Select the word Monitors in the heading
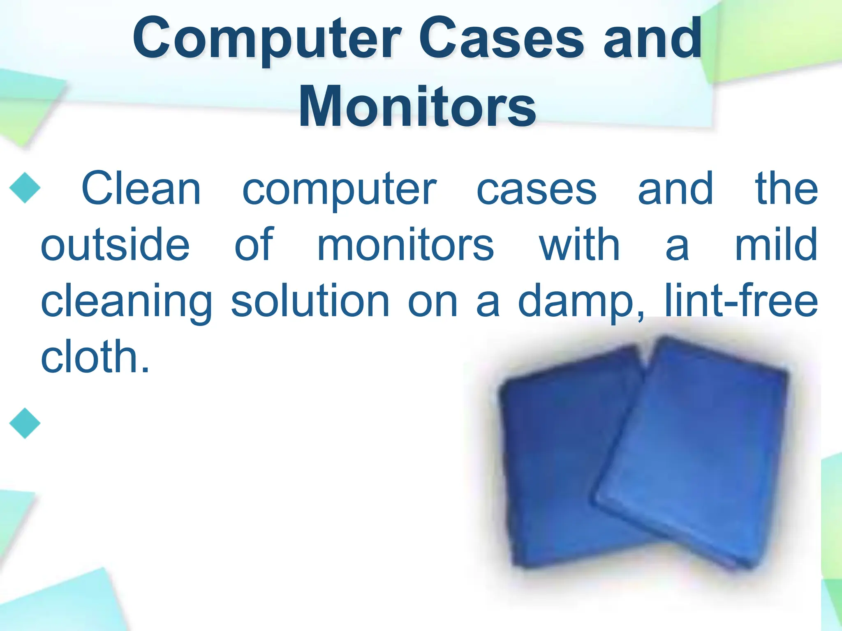417,107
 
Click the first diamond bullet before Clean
25,188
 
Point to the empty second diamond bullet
25,423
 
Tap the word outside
115,245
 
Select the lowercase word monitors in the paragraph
405,245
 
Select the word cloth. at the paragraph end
95,357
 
